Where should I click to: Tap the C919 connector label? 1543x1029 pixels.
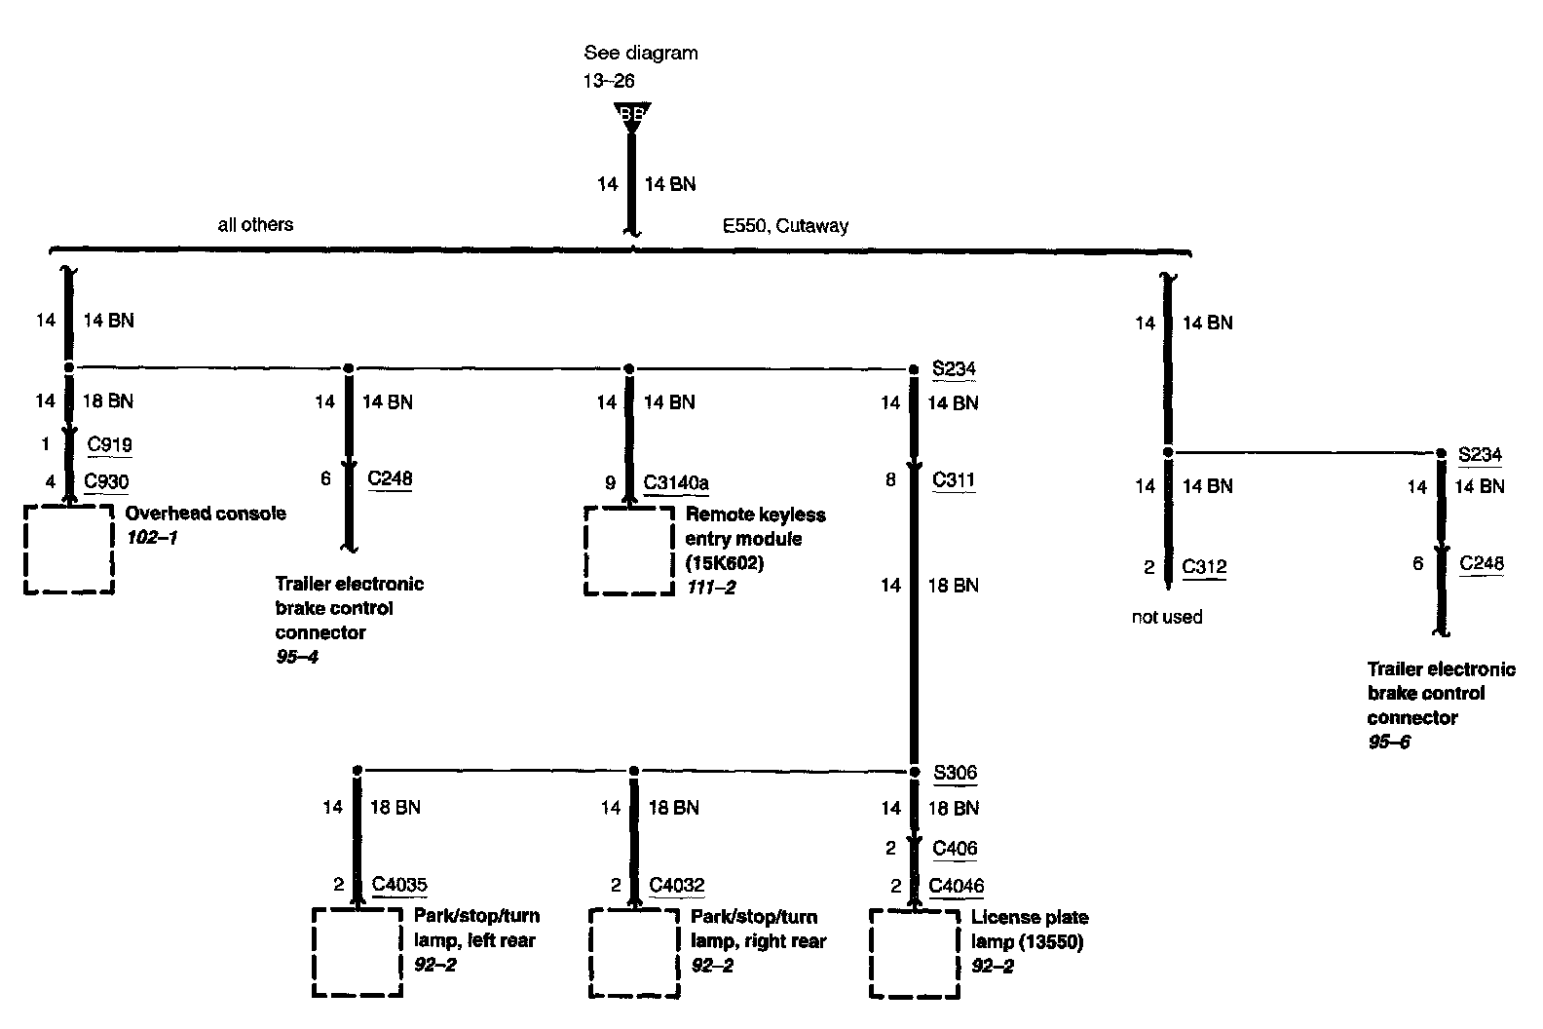point(109,445)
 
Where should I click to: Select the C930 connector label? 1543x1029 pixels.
point(107,480)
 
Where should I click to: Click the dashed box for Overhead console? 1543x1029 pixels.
point(69,549)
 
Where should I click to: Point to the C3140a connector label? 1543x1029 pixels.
point(676,481)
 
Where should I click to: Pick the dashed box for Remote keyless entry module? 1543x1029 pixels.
point(628,550)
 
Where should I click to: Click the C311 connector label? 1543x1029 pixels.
point(953,479)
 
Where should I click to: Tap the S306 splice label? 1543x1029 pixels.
point(955,773)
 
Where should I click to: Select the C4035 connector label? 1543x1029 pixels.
point(399,885)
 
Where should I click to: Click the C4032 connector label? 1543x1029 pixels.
point(676,885)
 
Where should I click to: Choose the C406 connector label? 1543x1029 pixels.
point(954,848)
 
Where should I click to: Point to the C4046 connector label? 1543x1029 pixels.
point(956,886)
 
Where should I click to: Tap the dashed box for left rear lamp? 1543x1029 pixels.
point(358,953)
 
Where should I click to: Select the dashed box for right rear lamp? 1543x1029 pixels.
point(634,953)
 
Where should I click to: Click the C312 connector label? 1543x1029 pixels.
point(1204,567)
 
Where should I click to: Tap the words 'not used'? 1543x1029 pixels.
point(1167,617)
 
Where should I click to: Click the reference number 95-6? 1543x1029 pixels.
point(1388,743)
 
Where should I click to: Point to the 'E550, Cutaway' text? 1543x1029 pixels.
point(785,226)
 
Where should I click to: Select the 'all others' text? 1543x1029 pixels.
point(255,225)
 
